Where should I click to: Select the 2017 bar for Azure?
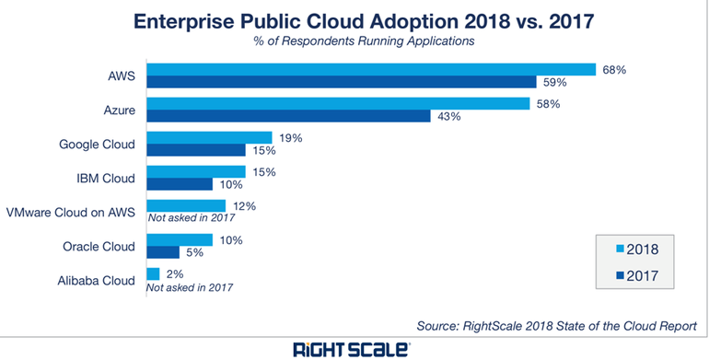[288, 116]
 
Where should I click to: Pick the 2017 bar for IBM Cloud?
[180, 184]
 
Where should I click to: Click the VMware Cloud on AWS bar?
[185, 205]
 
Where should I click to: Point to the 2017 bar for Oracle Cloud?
[163, 252]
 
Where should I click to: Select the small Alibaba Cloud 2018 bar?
[153, 273]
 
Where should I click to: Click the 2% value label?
[174, 273]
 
